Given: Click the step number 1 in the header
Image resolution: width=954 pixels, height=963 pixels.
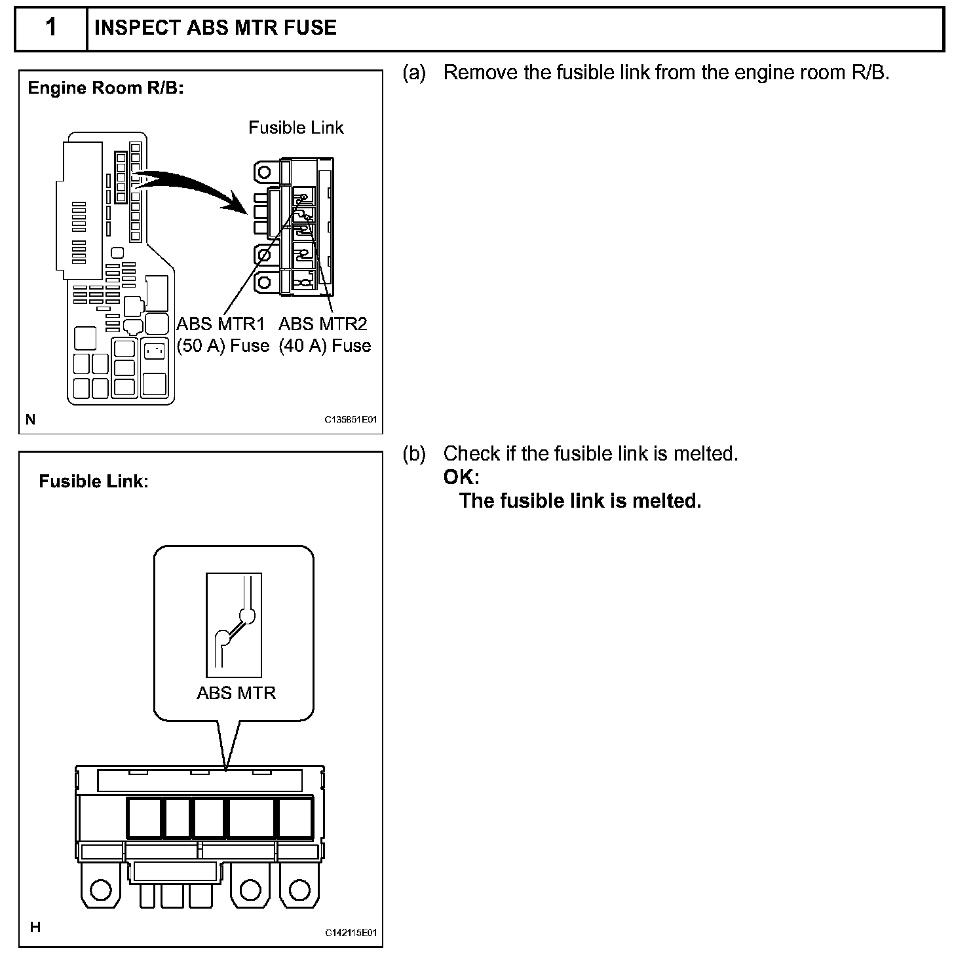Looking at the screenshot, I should [51, 28].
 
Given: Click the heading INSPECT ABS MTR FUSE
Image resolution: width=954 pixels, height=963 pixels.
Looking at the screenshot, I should [216, 28].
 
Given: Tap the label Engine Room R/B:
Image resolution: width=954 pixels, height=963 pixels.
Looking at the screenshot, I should [105, 88].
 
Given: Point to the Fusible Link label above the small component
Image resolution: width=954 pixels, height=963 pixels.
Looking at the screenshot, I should [296, 127].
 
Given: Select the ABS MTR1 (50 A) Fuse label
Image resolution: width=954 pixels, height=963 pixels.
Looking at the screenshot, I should [223, 334].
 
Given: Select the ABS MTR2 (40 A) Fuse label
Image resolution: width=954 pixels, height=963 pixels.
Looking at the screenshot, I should [324, 334].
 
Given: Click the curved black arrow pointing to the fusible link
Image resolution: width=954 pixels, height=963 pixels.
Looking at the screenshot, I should [190, 187].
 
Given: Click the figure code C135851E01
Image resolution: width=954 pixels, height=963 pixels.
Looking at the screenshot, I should [351, 420].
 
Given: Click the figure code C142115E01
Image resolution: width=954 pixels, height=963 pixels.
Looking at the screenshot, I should [351, 933].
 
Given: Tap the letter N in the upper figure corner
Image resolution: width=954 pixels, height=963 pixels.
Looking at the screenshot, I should [31, 419].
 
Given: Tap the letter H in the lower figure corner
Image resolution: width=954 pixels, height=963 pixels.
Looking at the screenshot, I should [35, 927].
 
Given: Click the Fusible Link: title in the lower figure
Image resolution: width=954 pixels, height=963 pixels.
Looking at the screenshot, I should [94, 481].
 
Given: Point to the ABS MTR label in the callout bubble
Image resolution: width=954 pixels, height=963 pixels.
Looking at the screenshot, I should [236, 692].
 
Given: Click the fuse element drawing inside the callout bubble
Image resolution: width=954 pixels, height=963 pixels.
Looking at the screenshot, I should [234, 625].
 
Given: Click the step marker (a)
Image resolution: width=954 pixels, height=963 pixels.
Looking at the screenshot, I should [414, 73].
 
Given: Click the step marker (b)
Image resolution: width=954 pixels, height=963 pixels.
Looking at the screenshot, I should [414, 453].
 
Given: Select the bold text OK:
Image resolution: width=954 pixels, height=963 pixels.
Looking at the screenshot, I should [461, 477].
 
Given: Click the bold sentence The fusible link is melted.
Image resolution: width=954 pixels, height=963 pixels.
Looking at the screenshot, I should [580, 500].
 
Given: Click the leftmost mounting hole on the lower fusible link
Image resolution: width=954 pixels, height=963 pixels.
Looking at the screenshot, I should [100, 889].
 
